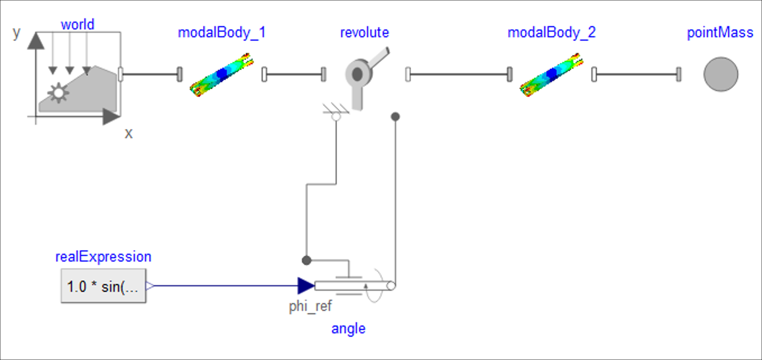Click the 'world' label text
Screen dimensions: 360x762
point(77,25)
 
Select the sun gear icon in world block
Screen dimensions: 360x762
point(58,93)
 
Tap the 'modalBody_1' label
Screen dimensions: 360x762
point(222,33)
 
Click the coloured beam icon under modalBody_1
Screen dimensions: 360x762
point(222,75)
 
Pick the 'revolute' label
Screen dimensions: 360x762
point(364,33)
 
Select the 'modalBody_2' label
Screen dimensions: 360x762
point(551,33)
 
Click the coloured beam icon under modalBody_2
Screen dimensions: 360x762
point(551,75)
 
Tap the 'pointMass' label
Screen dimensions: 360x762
point(720,33)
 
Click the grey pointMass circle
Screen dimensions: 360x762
point(721,74)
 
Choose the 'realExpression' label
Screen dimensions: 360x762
point(103,257)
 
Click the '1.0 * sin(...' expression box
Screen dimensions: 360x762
point(103,286)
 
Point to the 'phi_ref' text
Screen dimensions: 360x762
point(310,306)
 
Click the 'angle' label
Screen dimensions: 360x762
point(348,328)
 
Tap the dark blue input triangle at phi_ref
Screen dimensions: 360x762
point(305,286)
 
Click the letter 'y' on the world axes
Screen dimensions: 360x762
point(16,33)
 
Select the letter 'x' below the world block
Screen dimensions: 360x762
point(129,133)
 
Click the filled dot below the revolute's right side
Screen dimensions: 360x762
point(395,117)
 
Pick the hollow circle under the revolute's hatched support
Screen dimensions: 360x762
point(336,117)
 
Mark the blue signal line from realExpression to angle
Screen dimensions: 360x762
point(224,286)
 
